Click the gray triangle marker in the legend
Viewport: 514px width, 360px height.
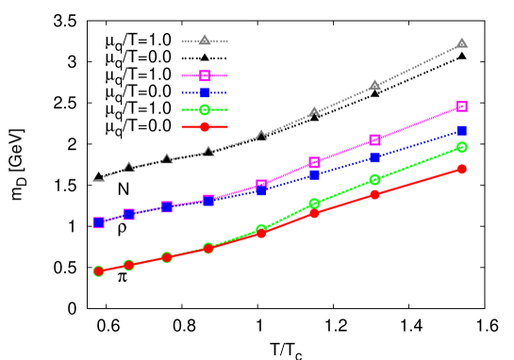[204, 41]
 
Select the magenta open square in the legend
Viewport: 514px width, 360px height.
[204, 75]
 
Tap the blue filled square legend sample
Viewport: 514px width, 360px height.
[204, 92]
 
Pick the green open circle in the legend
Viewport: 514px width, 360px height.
[204, 109]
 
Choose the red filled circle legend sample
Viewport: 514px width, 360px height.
[204, 126]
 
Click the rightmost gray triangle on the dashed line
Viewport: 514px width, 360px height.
[462, 43]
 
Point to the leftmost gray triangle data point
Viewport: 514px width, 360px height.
[98, 176]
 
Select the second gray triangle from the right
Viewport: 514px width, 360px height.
[374, 85]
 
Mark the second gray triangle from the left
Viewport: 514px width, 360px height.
[129, 167]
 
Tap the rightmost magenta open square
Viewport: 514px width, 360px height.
[462, 106]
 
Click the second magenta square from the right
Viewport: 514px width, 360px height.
[374, 139]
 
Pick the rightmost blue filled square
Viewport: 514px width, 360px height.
[462, 131]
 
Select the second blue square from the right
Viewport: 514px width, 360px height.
[374, 157]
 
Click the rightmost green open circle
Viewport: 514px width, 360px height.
[462, 147]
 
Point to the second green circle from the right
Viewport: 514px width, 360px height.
[374, 179]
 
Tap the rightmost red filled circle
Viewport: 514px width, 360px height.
[462, 169]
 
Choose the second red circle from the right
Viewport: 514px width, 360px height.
[374, 194]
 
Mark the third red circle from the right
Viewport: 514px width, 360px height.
[314, 213]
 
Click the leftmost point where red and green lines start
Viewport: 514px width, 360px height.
[98, 270]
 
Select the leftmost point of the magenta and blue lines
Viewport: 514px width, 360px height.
[98, 222]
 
